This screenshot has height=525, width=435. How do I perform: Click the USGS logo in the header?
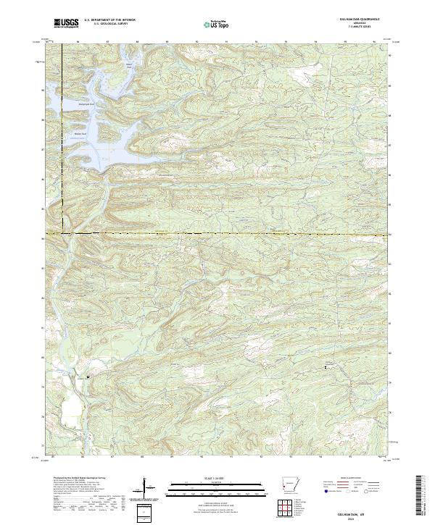(x=67, y=24)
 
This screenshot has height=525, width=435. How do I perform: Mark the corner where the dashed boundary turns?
(x=62, y=234)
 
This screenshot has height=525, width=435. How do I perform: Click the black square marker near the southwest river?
(x=88, y=377)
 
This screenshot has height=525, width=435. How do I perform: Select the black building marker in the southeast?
(x=325, y=368)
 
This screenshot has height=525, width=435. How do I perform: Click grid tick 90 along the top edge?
(x=197, y=42)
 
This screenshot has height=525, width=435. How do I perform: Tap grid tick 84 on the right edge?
(x=391, y=235)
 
